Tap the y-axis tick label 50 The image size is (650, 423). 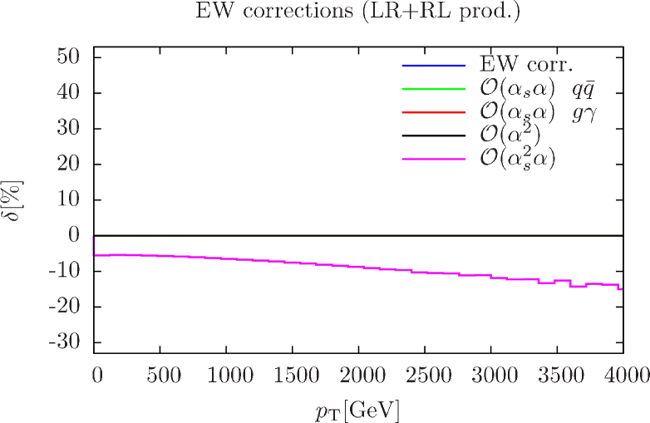68,57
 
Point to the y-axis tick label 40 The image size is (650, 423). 68,92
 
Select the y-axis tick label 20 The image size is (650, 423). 68,164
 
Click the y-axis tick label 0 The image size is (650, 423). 73,235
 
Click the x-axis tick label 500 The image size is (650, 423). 164,376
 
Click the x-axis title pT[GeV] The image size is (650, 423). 358,409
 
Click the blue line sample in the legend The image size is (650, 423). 433,65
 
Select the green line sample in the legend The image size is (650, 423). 433,88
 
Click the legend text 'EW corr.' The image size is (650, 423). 527,65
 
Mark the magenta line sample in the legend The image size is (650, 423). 433,158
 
